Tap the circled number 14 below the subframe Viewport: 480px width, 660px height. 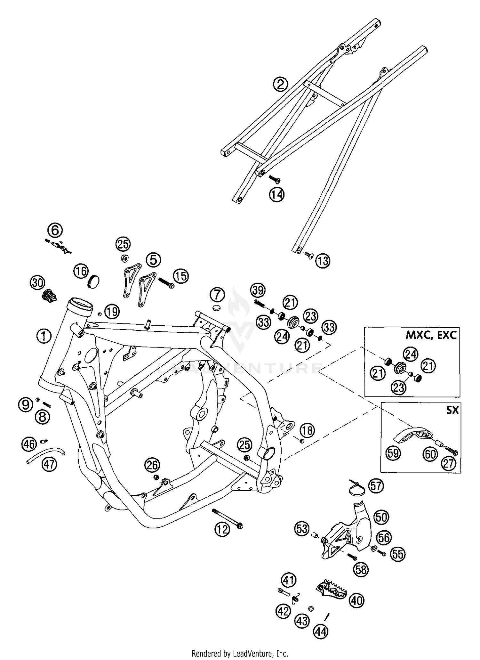tap(277, 194)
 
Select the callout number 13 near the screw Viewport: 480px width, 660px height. tap(323, 261)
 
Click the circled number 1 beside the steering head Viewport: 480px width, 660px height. tap(44, 336)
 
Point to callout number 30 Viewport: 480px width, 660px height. tap(38, 283)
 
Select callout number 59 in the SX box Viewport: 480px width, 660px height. tap(393, 453)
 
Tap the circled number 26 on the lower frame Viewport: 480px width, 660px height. tap(152, 465)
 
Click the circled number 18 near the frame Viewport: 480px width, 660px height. tap(307, 430)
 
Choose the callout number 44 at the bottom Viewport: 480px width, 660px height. tap(321, 631)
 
